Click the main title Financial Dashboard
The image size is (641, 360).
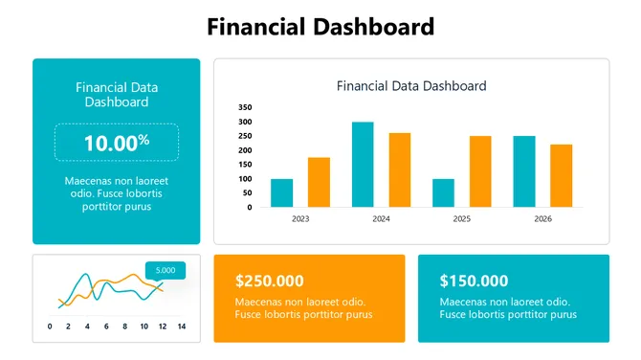click(x=320, y=27)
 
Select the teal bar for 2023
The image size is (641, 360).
click(x=281, y=192)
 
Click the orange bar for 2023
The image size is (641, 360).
click(x=319, y=182)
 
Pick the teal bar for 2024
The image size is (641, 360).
click(x=363, y=164)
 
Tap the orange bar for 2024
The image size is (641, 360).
click(x=399, y=169)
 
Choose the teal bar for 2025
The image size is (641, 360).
click(x=443, y=192)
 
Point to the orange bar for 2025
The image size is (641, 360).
click(x=480, y=171)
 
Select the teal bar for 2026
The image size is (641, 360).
click(x=524, y=171)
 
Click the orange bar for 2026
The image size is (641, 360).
click(x=561, y=175)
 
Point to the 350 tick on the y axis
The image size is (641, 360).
click(x=246, y=107)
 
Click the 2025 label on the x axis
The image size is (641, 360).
click(x=461, y=219)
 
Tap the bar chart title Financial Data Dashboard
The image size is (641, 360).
click(x=411, y=86)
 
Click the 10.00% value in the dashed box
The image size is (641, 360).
click(x=116, y=143)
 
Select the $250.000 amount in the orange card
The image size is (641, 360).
click(x=270, y=281)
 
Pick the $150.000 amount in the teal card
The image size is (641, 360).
click(x=474, y=281)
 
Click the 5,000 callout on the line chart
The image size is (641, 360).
click(x=165, y=270)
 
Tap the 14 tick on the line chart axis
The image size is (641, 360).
click(x=181, y=327)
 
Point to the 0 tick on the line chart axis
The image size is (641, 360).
click(x=50, y=327)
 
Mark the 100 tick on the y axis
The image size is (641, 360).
click(x=246, y=179)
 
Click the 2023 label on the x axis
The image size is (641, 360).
click(x=299, y=219)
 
